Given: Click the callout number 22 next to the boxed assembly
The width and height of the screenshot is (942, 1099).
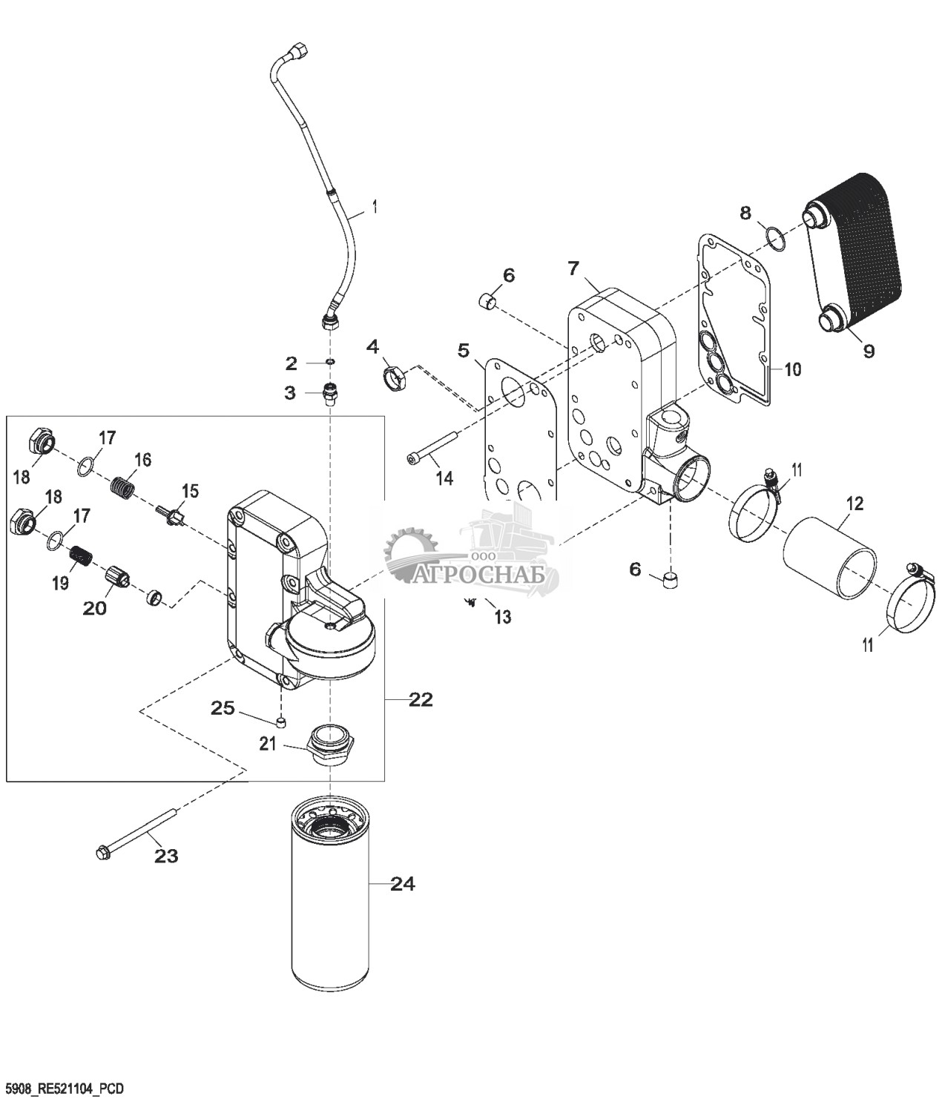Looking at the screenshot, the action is pyautogui.click(x=421, y=700).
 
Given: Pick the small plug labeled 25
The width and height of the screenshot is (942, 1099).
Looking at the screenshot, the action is pyautogui.click(x=281, y=722).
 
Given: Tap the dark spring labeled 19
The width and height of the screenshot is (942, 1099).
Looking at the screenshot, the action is pyautogui.click(x=82, y=556).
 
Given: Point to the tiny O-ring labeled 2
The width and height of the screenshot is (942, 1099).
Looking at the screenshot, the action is pyautogui.click(x=330, y=363).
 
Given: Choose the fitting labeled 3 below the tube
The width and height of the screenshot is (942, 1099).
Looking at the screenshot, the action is pyautogui.click(x=331, y=393).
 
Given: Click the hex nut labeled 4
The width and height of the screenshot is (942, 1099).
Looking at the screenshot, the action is pyautogui.click(x=395, y=378).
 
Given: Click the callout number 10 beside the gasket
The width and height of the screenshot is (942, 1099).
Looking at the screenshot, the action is pyautogui.click(x=793, y=369).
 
